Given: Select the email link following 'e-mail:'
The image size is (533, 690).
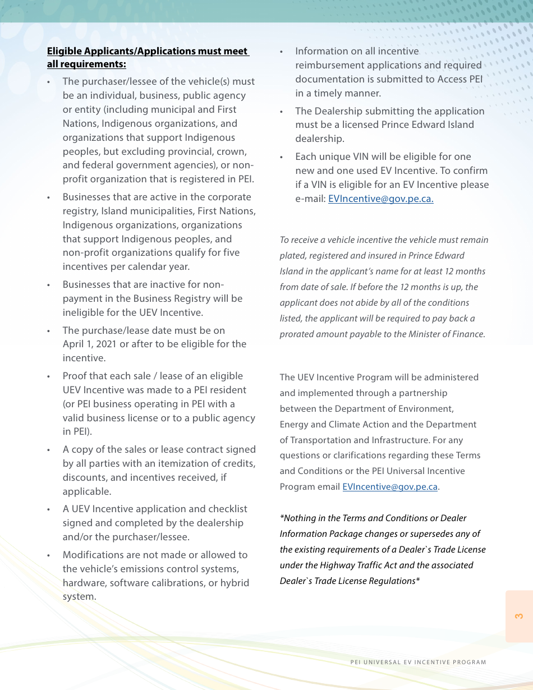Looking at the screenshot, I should click(x=380, y=199).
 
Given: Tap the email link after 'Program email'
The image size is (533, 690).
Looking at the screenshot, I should click(x=390, y=486).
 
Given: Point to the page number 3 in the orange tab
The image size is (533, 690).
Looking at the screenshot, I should click(x=519, y=616).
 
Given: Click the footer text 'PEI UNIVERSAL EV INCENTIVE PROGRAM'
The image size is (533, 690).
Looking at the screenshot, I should click(x=418, y=662).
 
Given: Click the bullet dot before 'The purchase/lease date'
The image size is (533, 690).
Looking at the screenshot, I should click(x=49, y=331).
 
